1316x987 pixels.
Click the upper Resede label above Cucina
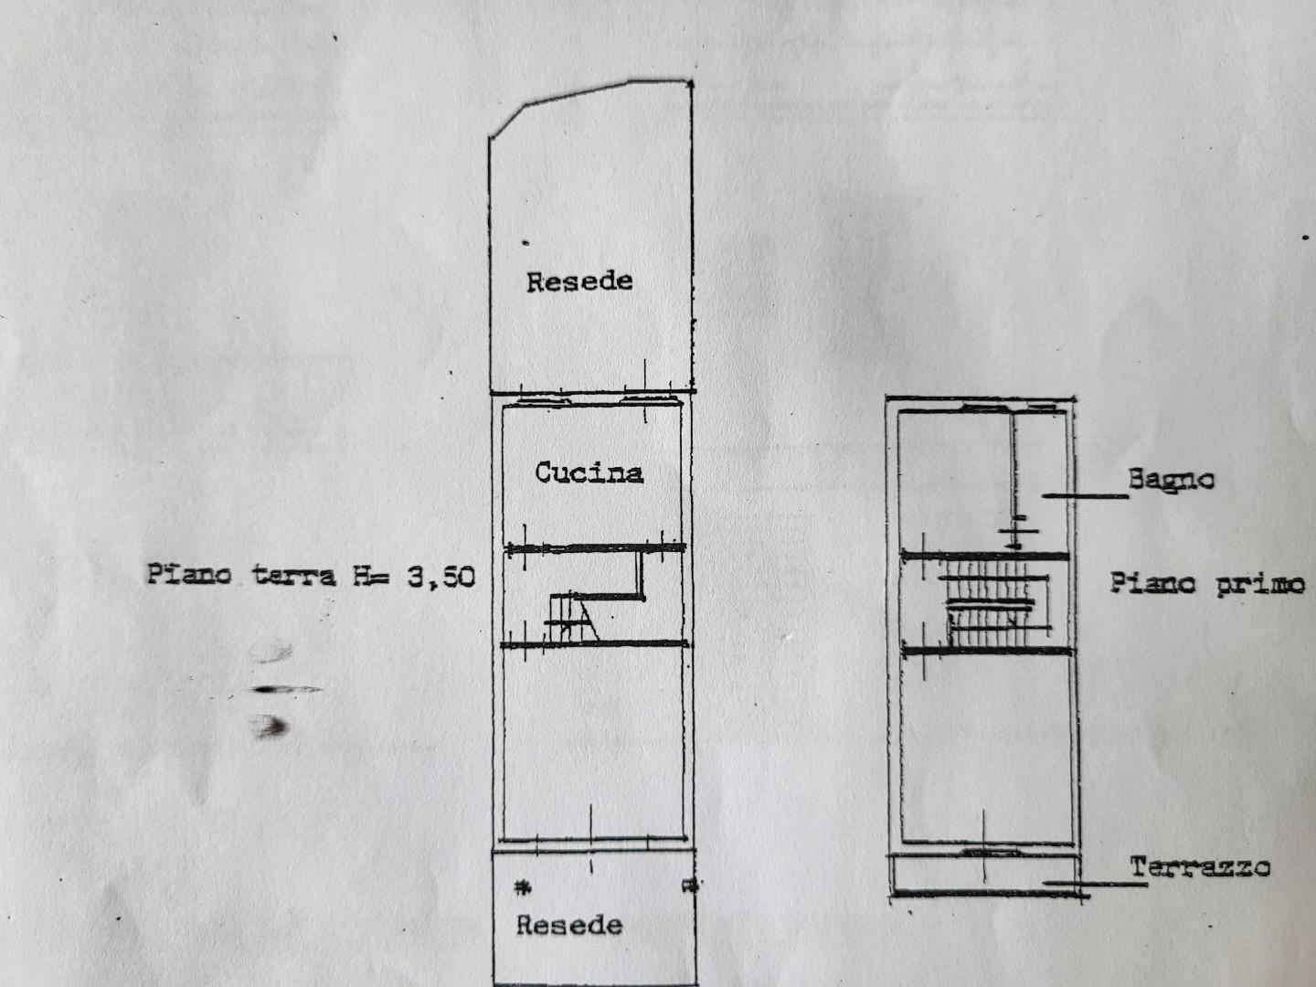click(579, 281)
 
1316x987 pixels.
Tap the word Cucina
click(589, 472)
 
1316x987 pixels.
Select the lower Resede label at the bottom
click(569, 926)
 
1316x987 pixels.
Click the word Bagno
click(1171, 480)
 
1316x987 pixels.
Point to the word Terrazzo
click(1200, 867)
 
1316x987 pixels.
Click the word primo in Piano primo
click(1260, 584)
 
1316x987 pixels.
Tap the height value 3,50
click(441, 578)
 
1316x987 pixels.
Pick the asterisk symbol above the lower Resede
click(523, 887)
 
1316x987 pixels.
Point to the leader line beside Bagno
click(1085, 495)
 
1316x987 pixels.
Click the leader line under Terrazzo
click(1095, 883)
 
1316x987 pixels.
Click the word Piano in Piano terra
click(189, 575)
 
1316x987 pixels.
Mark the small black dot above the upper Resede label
click(525, 243)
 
